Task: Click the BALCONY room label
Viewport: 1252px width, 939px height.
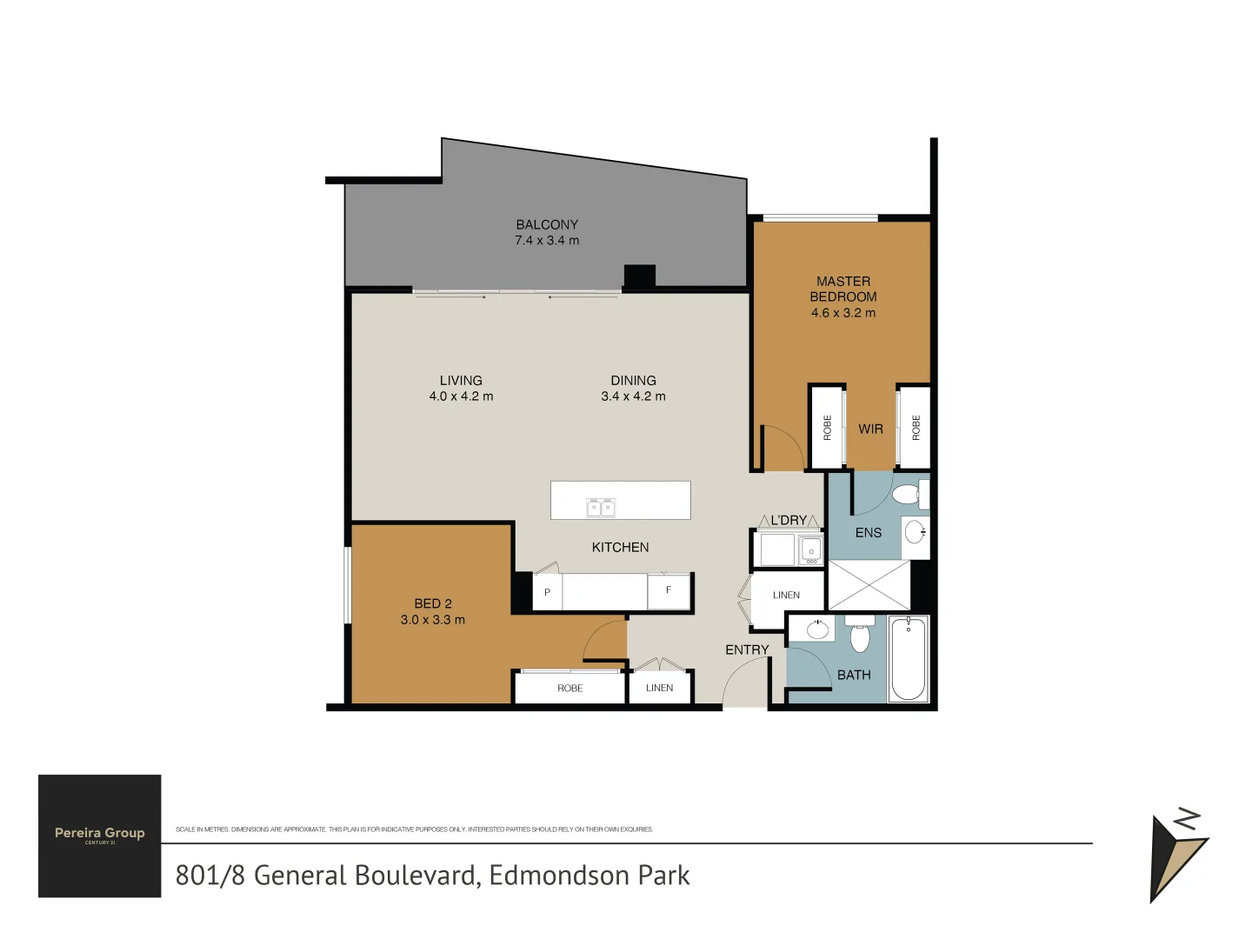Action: click(x=547, y=224)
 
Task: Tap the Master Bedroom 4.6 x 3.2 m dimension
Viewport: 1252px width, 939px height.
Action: click(x=842, y=313)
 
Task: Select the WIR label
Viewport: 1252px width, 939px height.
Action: click(x=870, y=429)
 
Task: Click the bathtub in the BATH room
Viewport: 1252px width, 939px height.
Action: click(x=909, y=658)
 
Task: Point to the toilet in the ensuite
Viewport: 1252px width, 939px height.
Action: click(x=907, y=495)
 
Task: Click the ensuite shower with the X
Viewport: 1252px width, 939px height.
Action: click(x=869, y=585)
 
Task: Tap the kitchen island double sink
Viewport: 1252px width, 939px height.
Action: click(x=601, y=507)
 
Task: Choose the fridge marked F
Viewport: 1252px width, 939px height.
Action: click(x=669, y=591)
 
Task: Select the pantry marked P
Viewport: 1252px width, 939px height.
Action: click(x=547, y=592)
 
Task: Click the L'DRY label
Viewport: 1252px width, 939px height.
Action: click(x=788, y=520)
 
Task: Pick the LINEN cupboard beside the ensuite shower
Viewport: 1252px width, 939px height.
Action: click(x=786, y=596)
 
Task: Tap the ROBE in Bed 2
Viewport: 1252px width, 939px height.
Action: click(x=570, y=688)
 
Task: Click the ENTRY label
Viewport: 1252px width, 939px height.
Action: click(x=747, y=649)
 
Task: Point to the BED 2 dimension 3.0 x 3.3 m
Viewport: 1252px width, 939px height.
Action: click(x=432, y=620)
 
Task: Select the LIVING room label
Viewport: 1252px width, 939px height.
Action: click(x=461, y=380)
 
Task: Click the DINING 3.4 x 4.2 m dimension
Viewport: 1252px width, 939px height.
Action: click(x=633, y=396)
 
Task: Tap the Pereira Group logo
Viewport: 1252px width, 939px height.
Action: click(x=100, y=836)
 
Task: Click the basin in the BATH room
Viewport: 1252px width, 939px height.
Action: click(x=817, y=629)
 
